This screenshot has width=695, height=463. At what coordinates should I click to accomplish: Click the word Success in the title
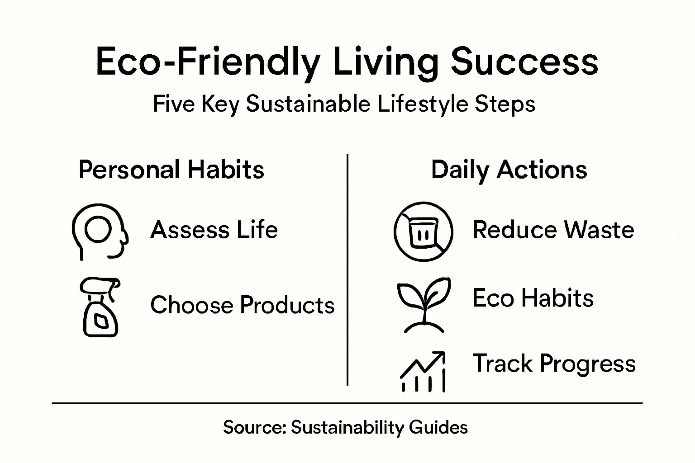tap(524, 62)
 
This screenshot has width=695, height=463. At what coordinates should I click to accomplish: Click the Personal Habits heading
tap(171, 170)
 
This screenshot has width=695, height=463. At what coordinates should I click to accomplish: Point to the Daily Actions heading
tap(509, 170)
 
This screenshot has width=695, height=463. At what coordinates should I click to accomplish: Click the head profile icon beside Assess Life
tap(100, 231)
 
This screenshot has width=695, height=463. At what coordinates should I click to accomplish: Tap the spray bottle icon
tap(100, 307)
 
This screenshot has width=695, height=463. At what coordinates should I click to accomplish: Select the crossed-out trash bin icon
tap(423, 231)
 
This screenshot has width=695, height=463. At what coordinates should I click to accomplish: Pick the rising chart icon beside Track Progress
tap(424, 371)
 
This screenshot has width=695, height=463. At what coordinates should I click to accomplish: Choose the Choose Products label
tap(243, 305)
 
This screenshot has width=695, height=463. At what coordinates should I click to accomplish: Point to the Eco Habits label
tap(533, 298)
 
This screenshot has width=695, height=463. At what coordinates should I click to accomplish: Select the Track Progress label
tap(554, 364)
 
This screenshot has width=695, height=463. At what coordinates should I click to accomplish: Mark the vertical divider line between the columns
tap(347, 271)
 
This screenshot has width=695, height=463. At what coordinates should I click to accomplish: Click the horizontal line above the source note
tap(347, 403)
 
